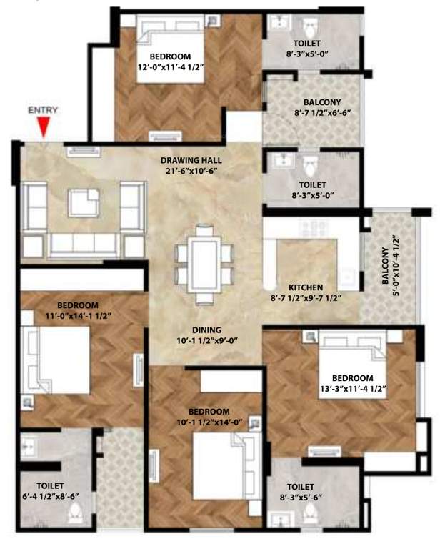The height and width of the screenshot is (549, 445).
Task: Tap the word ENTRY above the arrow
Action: [x=43, y=111]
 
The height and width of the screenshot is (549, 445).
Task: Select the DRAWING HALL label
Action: [x=189, y=160]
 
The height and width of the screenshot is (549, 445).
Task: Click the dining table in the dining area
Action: [x=205, y=261]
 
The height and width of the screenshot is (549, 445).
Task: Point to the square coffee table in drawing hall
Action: [x=84, y=202]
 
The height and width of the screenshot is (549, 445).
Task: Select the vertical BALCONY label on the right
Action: [x=386, y=265]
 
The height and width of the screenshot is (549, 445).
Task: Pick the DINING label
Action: [x=205, y=330]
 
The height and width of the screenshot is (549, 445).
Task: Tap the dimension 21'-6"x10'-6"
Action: [x=189, y=172]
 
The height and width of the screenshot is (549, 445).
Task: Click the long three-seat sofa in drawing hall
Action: [x=84, y=245]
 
